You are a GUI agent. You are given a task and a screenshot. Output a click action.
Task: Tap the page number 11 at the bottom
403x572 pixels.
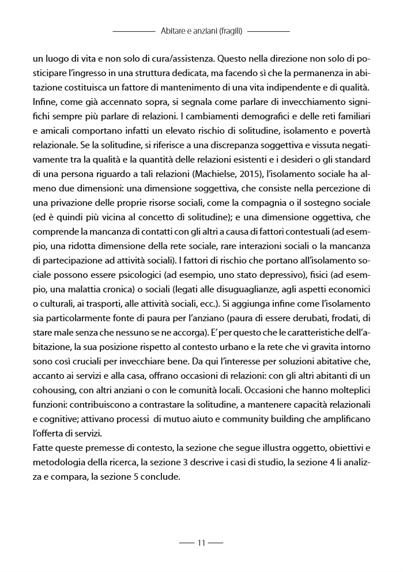coord(201,543)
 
